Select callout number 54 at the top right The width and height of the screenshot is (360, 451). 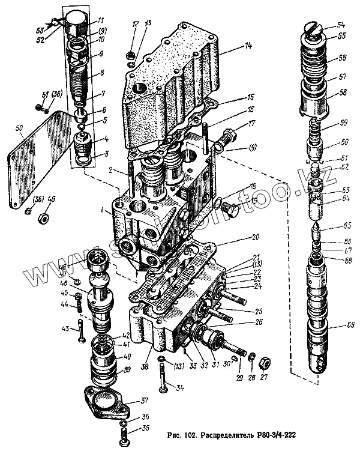(341, 25)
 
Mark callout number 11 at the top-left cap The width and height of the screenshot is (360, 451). (101, 20)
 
